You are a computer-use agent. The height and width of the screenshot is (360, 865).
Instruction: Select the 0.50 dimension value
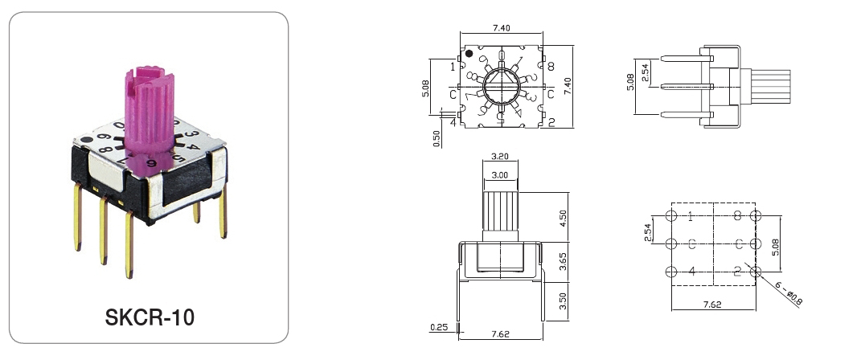[x=437, y=138]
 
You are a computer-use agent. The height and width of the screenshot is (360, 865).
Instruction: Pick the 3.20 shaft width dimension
[x=498, y=157]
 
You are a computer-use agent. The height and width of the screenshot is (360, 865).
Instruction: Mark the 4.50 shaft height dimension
[x=564, y=219]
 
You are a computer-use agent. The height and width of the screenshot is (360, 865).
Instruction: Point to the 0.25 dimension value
[x=439, y=326]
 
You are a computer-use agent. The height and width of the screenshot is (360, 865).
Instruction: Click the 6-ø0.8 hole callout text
[x=789, y=295]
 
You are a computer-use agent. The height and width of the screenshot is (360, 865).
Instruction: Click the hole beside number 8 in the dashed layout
[x=755, y=216]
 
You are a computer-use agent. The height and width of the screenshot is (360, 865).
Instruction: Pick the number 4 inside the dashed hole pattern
[x=691, y=272]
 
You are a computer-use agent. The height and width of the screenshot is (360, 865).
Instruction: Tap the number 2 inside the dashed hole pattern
[x=736, y=272]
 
